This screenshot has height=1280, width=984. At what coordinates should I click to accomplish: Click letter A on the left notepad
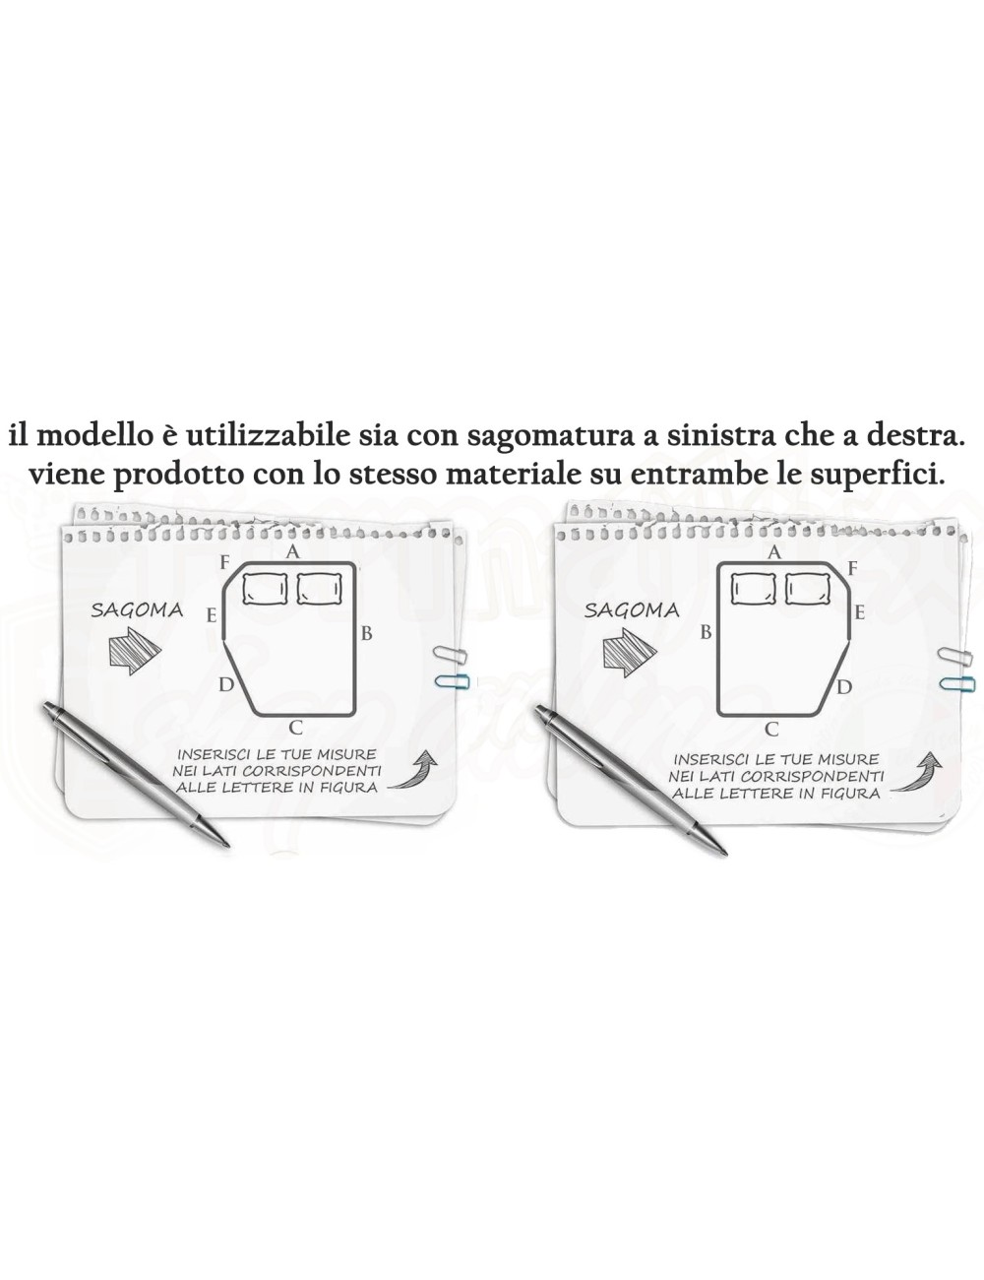tap(292, 552)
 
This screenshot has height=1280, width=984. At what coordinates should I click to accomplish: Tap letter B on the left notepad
tap(366, 634)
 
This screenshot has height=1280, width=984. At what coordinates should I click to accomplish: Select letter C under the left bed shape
tap(295, 729)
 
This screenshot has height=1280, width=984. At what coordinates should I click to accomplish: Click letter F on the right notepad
tap(852, 568)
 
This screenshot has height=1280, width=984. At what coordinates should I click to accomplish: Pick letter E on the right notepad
tap(859, 613)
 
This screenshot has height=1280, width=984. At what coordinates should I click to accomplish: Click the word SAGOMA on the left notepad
tap(137, 609)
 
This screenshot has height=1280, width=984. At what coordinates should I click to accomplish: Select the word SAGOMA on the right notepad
tap(632, 609)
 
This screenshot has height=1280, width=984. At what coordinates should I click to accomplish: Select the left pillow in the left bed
tap(264, 589)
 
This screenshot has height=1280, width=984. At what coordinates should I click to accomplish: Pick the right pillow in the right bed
tap(809, 589)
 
